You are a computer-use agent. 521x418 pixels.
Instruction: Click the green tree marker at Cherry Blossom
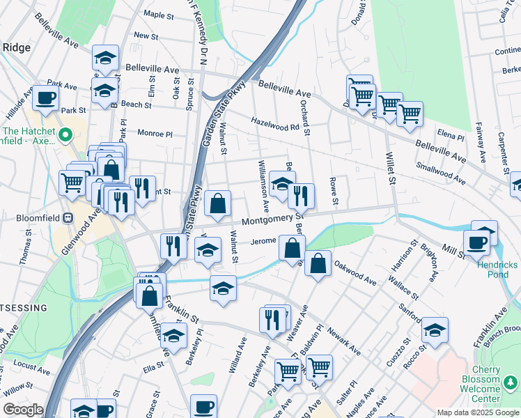[511, 382]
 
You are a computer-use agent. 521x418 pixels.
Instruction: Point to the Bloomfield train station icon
[68, 217]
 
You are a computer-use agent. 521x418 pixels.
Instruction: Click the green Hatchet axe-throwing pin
[66, 134]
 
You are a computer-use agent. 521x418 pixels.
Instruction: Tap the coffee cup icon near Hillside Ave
[46, 98]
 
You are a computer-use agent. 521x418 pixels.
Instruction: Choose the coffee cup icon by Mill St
[477, 242]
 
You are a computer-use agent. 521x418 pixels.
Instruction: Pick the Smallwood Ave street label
[440, 174]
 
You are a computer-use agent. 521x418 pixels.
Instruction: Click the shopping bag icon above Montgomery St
[218, 204]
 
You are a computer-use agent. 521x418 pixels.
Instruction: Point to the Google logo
[23, 410]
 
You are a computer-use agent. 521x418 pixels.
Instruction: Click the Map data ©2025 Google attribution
[478, 412]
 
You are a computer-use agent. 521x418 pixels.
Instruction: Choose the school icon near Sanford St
[435, 330]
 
